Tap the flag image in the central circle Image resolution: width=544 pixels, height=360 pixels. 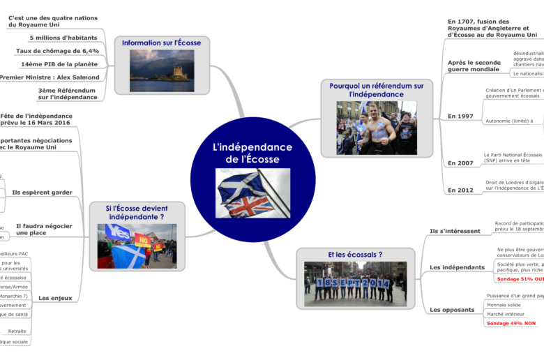[252, 193]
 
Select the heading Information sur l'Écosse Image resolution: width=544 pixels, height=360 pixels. [161, 43]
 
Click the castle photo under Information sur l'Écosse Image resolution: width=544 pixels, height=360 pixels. [162, 70]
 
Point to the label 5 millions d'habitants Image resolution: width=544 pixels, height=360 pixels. [63, 38]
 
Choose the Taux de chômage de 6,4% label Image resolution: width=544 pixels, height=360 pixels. [57, 51]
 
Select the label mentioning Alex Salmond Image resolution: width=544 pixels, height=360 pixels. [50, 77]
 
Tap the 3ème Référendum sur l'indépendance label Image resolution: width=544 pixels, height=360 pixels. [68, 93]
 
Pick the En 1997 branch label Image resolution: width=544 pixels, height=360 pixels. [460, 117]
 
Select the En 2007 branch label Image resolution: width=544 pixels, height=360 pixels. [460, 163]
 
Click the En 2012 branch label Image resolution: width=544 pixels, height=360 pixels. [460, 190]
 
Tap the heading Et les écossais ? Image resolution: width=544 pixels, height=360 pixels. [355, 255]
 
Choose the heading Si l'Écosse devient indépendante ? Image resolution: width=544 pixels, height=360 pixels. [137, 212]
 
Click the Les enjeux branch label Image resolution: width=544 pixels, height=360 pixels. [55, 298]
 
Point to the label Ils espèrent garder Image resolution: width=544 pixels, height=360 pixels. [42, 192]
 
